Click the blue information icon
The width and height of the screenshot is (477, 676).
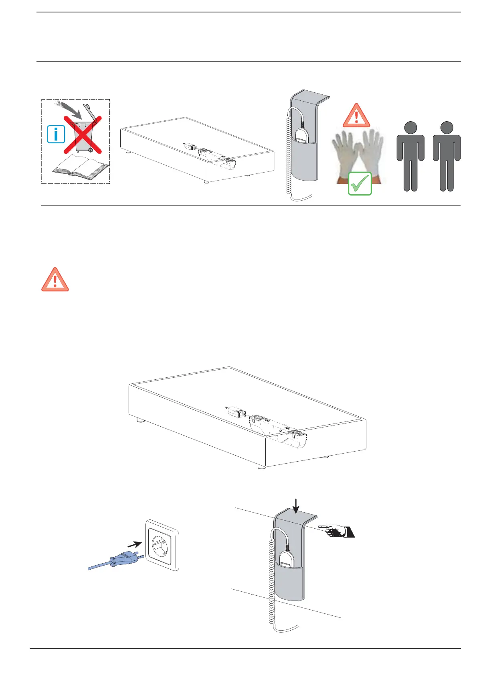point(56,134)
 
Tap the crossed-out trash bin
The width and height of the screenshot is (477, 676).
point(83,134)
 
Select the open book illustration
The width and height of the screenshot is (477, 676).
point(81,167)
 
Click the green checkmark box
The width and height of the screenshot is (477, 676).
point(360,183)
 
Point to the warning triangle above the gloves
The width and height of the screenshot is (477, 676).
point(356,116)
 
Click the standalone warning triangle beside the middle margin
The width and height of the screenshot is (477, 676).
point(55,279)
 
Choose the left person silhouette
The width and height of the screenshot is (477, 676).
point(410,156)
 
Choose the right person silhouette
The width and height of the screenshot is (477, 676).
point(447,156)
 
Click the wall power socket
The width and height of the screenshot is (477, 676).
point(162,546)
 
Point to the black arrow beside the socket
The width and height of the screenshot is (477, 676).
point(134,544)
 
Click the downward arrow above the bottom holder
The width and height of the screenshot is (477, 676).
point(296,506)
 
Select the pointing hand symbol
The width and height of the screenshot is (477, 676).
point(339,531)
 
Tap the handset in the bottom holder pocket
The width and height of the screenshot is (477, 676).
point(287,560)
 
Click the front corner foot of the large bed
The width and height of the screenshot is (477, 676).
point(261,466)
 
